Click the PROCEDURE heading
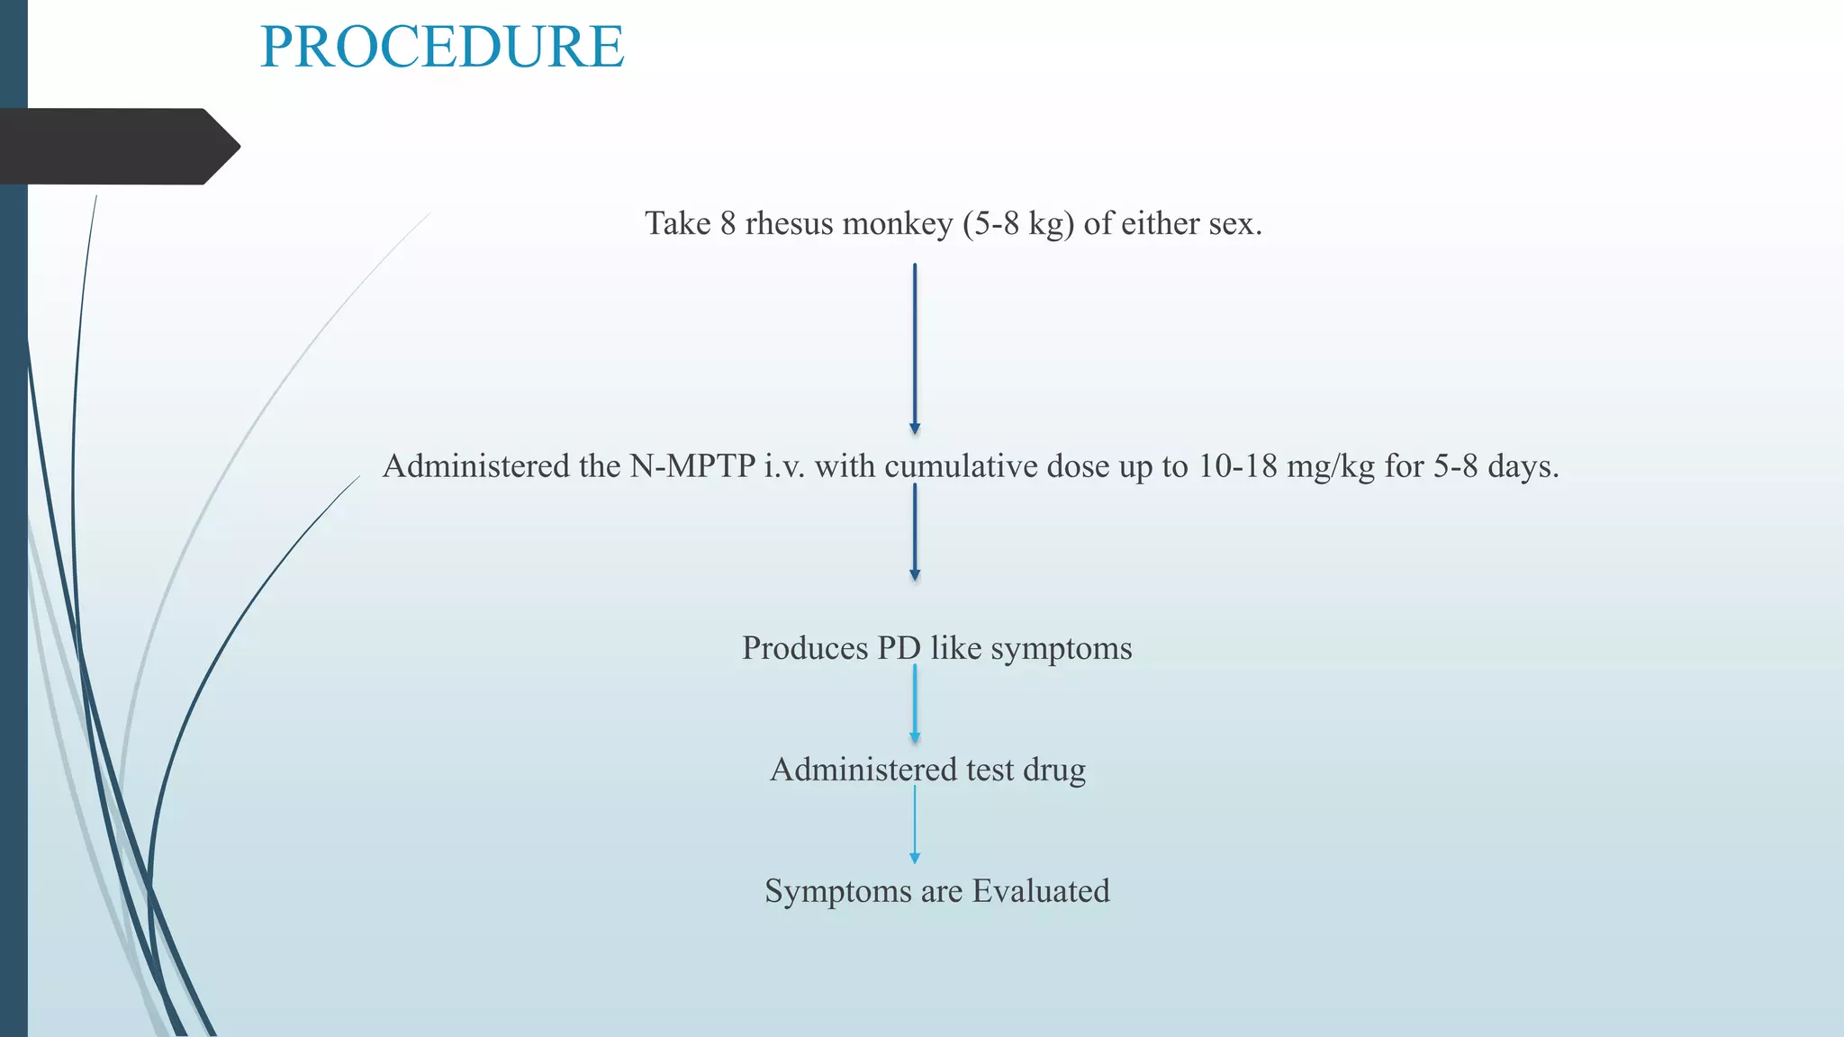441,47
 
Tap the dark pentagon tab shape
117,147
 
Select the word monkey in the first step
897,223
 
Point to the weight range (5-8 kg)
1018,223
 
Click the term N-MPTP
692,466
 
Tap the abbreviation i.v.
785,466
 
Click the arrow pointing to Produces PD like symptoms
915,533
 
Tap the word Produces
805,648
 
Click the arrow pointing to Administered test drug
915,705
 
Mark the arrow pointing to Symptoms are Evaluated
915,825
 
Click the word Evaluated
1041,891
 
